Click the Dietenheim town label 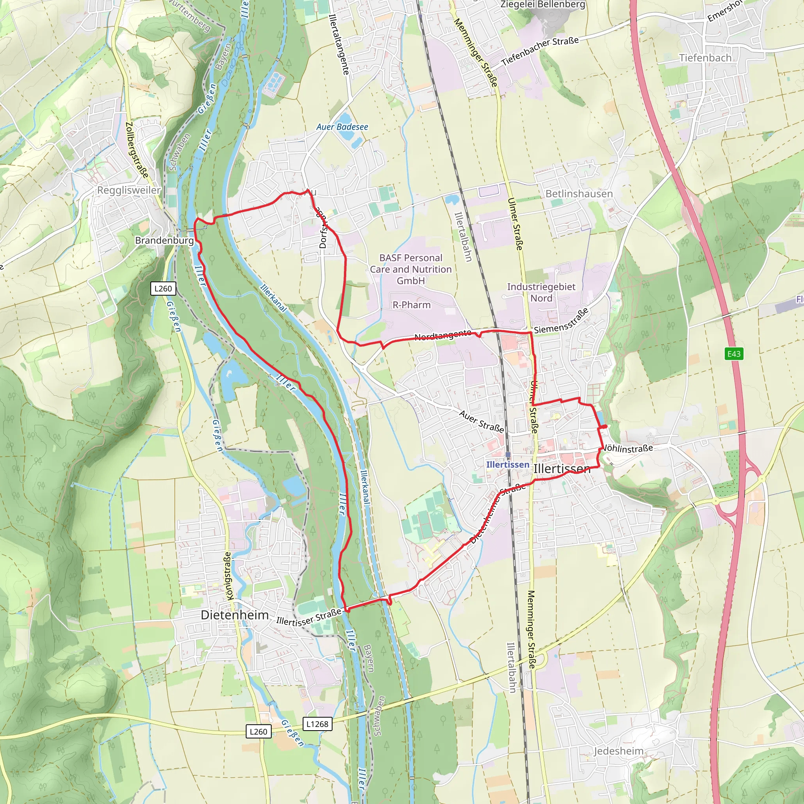(234, 615)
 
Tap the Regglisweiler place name (129, 190)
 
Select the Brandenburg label (164, 241)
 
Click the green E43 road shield (734, 354)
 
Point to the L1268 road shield (317, 724)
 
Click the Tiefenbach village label (705, 58)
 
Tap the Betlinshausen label (579, 194)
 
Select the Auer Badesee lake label (342, 127)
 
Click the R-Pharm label (411, 305)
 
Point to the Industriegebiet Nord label (541, 292)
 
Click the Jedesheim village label (618, 751)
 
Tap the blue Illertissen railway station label (508, 464)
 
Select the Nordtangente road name (443, 335)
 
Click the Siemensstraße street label (561, 321)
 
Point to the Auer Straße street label (481, 421)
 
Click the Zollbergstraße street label (137, 150)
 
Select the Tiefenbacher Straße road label (540, 51)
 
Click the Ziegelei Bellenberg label (543, 5)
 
